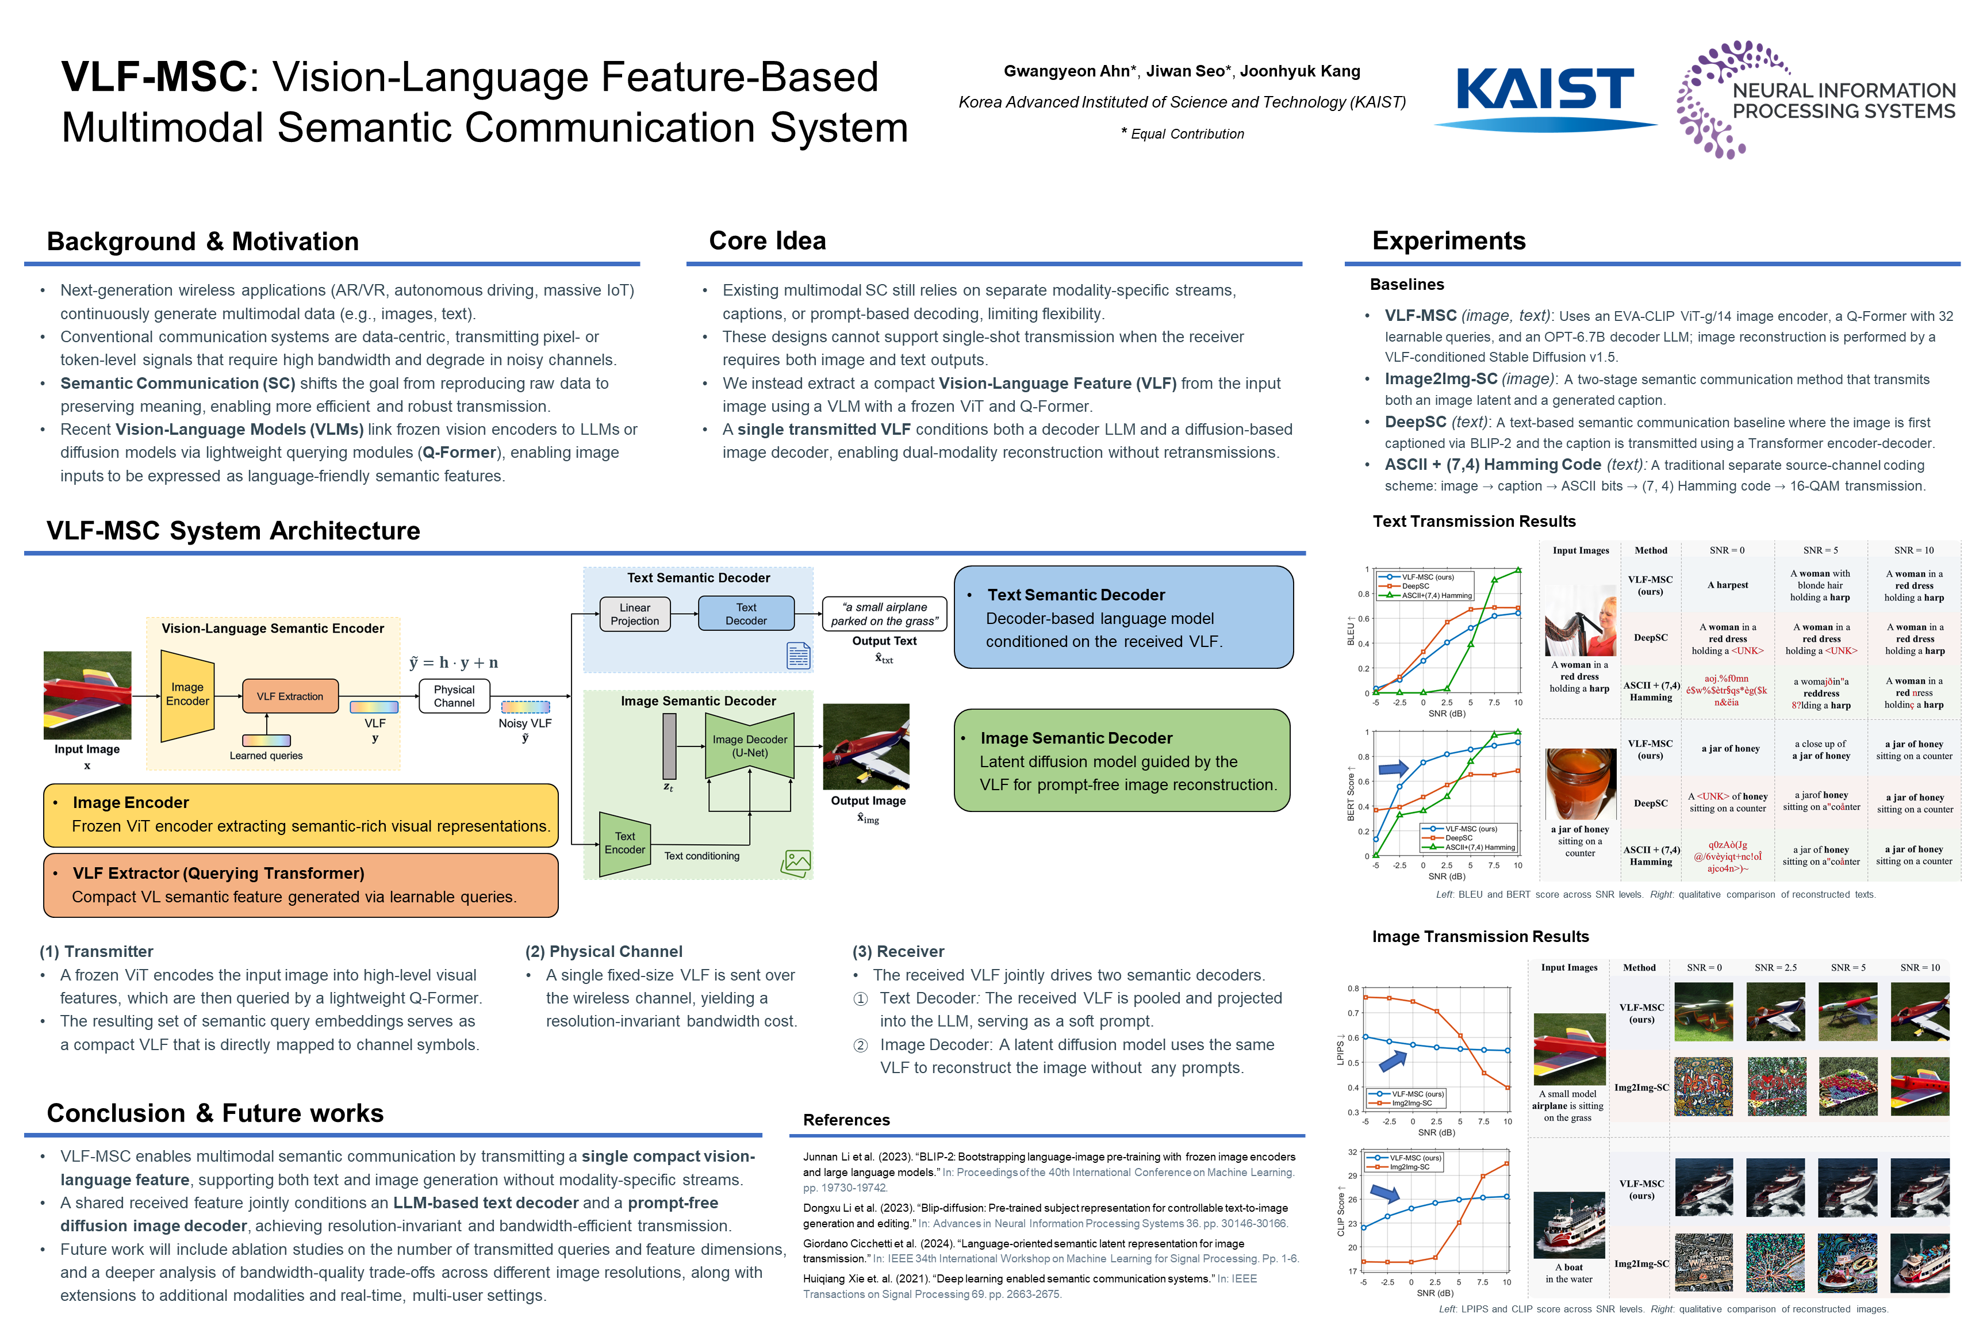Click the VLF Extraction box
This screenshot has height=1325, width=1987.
290,696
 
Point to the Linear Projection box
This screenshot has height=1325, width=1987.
635,614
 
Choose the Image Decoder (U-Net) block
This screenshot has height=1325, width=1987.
749,746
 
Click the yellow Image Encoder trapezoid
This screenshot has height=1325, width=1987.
187,695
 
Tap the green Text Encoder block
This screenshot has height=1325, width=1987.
624,843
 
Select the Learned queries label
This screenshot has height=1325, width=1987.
266,756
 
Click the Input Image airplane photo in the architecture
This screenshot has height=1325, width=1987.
87,695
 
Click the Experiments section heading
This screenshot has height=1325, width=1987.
1449,241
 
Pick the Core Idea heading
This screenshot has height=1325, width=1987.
767,241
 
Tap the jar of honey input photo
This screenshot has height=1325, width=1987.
1580,784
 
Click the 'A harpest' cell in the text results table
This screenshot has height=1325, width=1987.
1728,585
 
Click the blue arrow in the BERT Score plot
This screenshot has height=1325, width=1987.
1393,768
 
